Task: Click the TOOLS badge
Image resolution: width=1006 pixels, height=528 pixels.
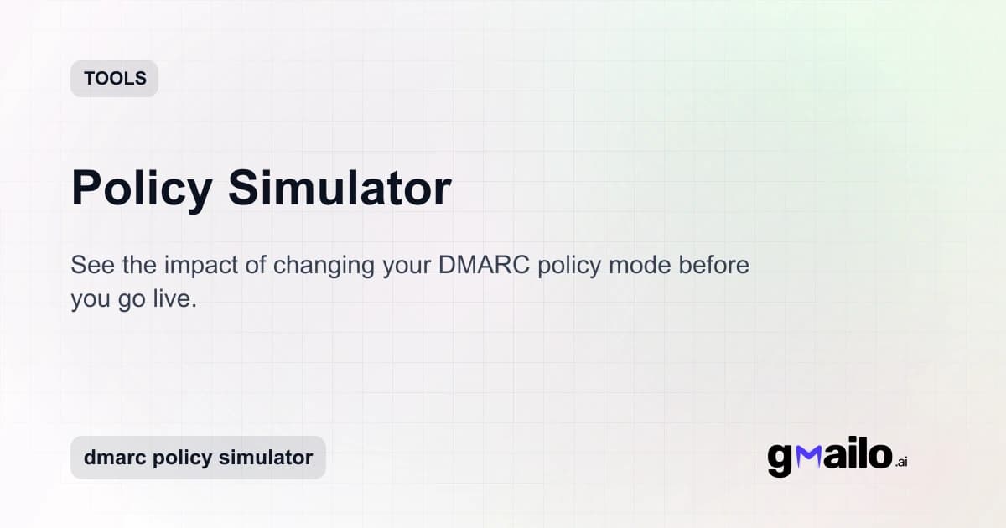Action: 115,79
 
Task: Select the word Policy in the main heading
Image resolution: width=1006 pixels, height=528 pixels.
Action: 142,188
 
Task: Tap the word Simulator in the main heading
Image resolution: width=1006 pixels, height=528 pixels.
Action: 340,188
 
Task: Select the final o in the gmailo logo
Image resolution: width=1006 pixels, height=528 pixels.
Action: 877,456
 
